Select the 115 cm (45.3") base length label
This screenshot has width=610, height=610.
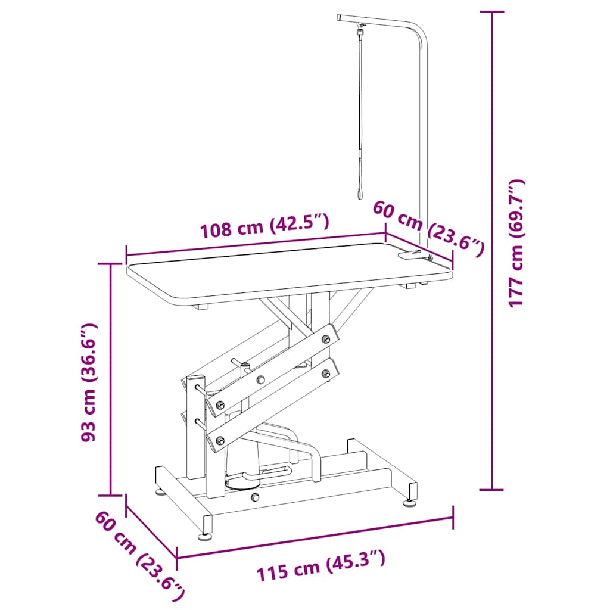320,566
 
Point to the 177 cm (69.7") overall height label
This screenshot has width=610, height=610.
516,243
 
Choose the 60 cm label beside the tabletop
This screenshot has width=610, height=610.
428,229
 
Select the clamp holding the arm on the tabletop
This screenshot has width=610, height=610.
415,256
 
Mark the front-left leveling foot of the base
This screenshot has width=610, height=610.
205,536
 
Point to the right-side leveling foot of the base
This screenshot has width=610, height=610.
410,502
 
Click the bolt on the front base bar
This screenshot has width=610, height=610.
255,497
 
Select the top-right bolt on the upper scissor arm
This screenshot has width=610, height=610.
325,339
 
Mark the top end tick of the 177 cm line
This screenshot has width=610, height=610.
491,11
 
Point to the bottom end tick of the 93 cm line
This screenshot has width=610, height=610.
111,494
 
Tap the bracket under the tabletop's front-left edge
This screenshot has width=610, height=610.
202,307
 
